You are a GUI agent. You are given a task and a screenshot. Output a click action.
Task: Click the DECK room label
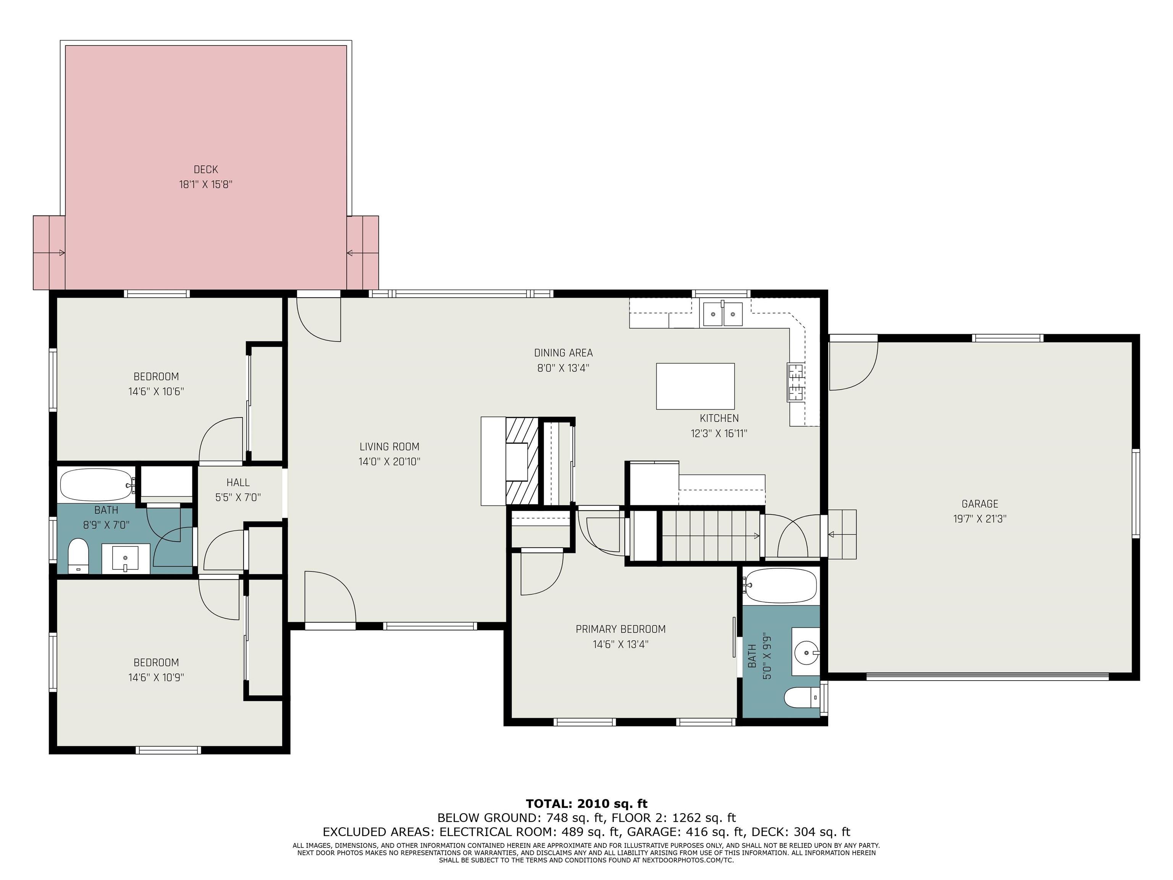coord(206,170)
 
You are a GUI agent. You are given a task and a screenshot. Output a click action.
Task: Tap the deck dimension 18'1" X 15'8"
coord(206,184)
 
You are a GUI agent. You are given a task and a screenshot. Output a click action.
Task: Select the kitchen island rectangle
coord(695,386)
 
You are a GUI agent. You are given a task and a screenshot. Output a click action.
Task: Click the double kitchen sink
coord(723,314)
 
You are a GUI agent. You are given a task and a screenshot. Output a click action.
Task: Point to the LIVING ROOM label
coord(389,446)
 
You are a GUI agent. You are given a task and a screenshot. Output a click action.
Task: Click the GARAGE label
coord(980,504)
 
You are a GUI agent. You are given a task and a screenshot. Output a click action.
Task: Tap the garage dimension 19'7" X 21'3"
coord(980,519)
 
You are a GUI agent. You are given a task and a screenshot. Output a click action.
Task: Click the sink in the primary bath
coord(806,651)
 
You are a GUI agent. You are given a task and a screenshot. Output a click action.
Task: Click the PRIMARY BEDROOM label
coord(620,629)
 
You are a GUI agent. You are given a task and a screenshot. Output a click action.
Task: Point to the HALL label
coord(238,483)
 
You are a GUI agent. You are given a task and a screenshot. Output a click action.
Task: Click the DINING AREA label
coord(563,353)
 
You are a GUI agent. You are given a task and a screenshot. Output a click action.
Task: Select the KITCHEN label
coord(719,418)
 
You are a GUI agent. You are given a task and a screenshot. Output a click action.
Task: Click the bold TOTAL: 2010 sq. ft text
coord(586,804)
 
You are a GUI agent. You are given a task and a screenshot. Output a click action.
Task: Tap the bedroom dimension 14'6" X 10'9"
coord(156,677)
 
